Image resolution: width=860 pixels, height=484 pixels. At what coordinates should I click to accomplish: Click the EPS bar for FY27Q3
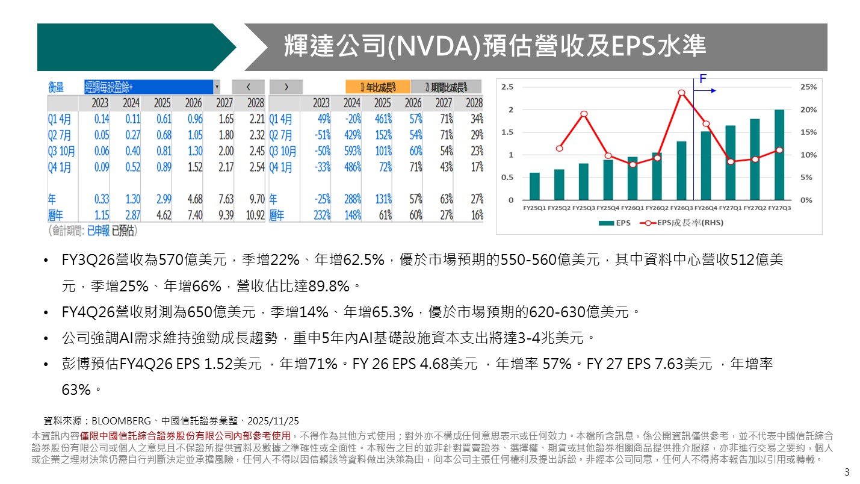(x=779, y=155)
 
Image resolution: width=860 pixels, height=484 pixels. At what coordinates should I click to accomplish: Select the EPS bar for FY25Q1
(x=534, y=187)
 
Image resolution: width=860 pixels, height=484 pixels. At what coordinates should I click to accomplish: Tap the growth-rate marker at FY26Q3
(x=681, y=93)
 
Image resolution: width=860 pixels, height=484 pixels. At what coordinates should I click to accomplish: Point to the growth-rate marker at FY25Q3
(x=584, y=114)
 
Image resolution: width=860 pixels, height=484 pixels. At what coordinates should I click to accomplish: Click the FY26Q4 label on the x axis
(x=705, y=208)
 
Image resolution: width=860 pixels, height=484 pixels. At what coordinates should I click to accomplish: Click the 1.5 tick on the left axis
(x=507, y=132)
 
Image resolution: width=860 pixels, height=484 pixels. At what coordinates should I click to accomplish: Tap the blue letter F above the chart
(x=702, y=78)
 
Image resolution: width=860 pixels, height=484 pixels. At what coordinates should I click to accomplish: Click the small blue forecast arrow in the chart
(x=708, y=91)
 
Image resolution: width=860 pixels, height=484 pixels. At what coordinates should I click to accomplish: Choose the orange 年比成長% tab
(x=378, y=87)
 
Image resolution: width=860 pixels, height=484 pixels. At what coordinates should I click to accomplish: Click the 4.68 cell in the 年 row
(x=194, y=198)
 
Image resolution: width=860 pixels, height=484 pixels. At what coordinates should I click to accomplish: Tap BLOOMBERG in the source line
(x=120, y=421)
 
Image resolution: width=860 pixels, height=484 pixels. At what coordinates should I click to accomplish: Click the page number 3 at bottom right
(x=847, y=471)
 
